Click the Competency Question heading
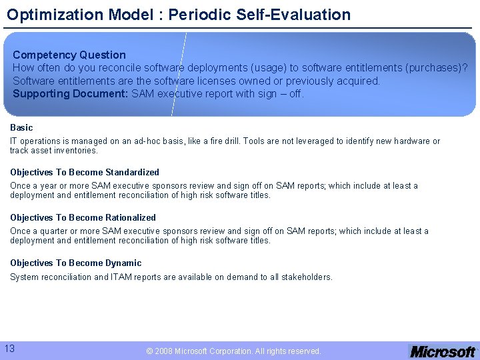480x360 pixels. [x=69, y=55]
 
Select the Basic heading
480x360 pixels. [x=21, y=127]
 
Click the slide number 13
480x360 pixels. [x=10, y=348]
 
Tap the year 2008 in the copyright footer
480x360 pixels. [x=163, y=351]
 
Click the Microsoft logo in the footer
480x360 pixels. [x=442, y=351]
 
